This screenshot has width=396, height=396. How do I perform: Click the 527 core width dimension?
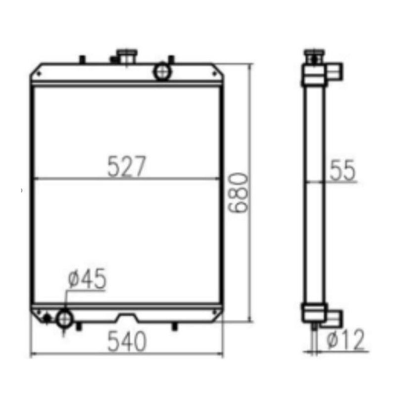[127, 167]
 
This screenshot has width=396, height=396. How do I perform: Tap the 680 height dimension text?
[239, 193]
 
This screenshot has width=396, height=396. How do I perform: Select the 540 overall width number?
[127, 342]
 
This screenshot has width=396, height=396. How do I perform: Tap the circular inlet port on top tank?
[162, 72]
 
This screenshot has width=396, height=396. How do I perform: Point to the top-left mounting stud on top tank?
[83, 59]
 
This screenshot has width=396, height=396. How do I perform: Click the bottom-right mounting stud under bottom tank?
[174, 326]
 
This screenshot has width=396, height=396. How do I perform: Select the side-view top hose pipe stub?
[335, 71]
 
